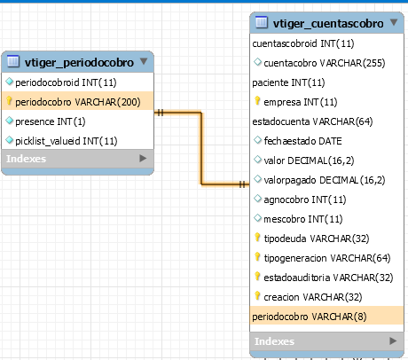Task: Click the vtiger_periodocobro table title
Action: click(x=79, y=62)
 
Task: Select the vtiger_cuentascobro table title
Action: click(x=328, y=23)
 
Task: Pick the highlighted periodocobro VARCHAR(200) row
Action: click(x=78, y=102)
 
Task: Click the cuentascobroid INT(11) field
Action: click(x=303, y=43)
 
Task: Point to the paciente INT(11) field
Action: click(x=288, y=82)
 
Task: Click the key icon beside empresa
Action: click(x=257, y=101)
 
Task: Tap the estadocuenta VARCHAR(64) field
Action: click(x=312, y=121)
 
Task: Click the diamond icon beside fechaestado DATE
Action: click(x=257, y=140)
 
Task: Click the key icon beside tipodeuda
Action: click(x=257, y=238)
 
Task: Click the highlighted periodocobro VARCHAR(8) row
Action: click(x=326, y=316)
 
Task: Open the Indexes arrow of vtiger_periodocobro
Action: click(x=143, y=159)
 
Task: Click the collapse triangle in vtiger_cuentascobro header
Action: click(x=394, y=22)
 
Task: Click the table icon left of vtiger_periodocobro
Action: click(x=13, y=61)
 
